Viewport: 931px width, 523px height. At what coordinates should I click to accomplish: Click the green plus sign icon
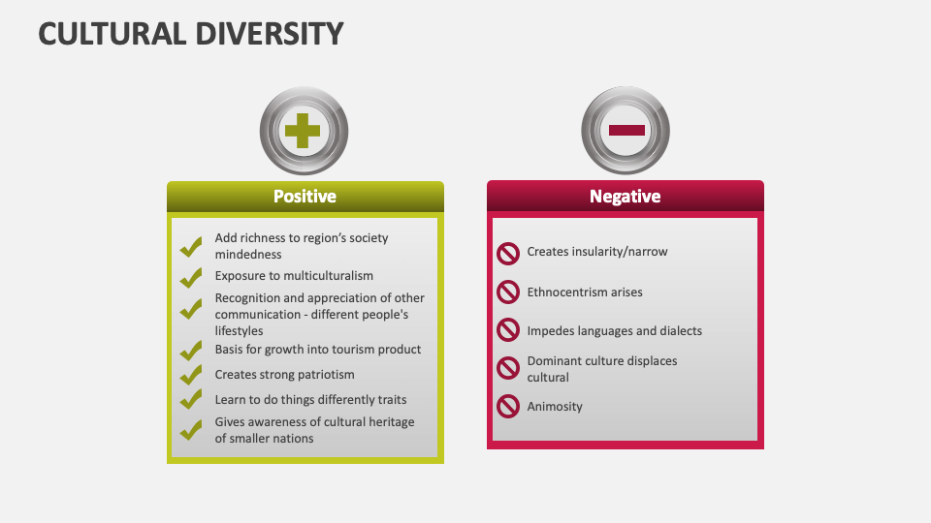coord(304,131)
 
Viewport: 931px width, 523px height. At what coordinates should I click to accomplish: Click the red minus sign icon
coord(626,130)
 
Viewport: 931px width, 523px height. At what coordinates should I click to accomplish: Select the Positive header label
coord(305,197)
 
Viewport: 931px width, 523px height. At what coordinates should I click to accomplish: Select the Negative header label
coord(626,197)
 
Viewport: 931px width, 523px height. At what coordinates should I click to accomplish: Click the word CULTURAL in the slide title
coord(111,33)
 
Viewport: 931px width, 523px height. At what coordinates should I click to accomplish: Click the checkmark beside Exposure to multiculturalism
coord(191,278)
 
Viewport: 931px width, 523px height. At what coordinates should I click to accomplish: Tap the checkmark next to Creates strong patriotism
coord(191,375)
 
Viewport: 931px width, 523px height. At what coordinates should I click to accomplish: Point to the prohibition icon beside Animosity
coord(508,407)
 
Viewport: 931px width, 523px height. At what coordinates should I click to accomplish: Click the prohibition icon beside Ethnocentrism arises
coord(508,292)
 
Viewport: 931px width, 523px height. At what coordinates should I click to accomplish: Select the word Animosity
coord(555,407)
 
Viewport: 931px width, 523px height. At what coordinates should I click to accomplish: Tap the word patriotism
coord(324,375)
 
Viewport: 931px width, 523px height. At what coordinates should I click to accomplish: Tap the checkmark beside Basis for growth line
coord(191,351)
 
